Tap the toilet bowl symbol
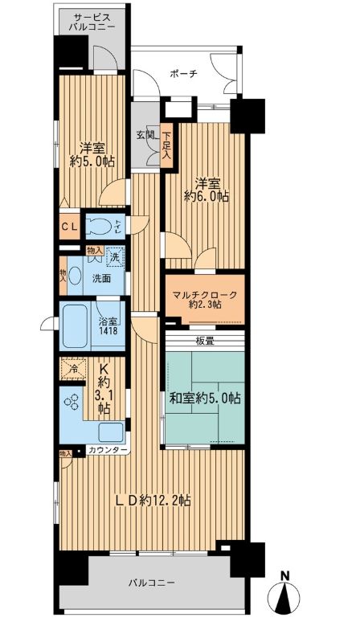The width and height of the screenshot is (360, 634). [100, 227]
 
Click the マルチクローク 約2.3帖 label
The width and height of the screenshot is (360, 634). [204, 299]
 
